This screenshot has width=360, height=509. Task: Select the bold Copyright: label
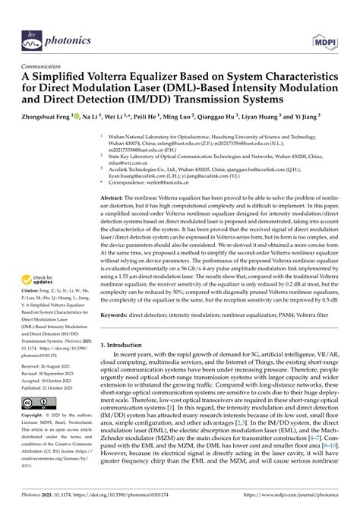35,418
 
